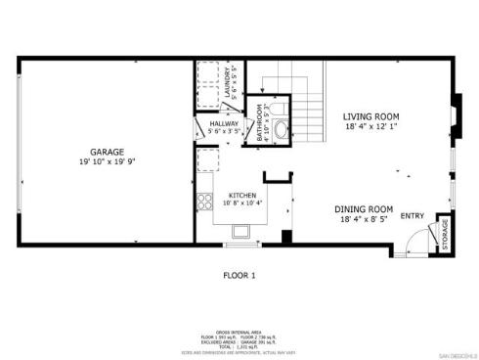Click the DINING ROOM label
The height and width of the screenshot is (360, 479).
(x=364, y=209)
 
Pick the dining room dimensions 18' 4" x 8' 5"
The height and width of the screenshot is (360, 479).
(x=364, y=220)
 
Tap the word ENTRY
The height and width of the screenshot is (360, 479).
(x=412, y=216)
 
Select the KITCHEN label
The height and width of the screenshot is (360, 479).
(x=241, y=194)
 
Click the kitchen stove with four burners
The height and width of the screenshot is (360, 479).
(x=205, y=202)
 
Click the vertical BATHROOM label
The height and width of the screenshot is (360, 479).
(x=260, y=122)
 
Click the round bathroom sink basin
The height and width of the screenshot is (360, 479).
(x=281, y=128)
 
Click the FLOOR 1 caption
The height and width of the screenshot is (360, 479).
(x=239, y=275)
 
